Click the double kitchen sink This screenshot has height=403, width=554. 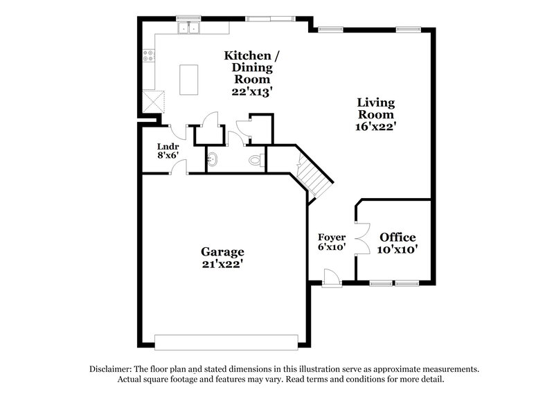[x=188, y=29]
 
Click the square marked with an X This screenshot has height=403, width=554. [x=152, y=101]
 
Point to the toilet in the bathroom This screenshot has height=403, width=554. [x=256, y=160]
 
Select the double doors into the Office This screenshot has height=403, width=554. [x=361, y=240]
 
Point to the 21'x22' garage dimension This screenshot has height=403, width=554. [x=222, y=264]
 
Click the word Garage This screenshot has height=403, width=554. [x=222, y=251]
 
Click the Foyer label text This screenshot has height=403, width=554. [x=331, y=238]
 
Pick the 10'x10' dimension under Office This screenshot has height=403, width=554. [x=397, y=250]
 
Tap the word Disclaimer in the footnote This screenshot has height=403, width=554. [x=112, y=370]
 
